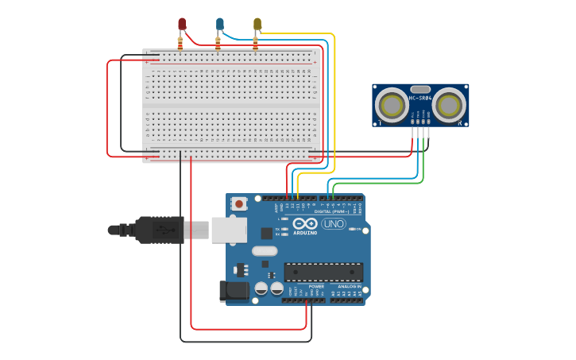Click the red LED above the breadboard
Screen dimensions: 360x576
click(182, 24)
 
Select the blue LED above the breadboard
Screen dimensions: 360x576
click(220, 24)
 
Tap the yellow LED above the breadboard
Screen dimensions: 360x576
click(257, 24)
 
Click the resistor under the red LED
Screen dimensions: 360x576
click(180, 43)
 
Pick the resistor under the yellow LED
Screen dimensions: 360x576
click(255, 43)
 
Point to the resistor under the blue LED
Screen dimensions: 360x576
click(218, 43)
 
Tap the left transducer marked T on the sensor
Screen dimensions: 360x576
click(392, 104)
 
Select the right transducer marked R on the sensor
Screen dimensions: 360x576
click(450, 104)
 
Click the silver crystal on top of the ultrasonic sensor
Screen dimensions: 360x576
click(420, 89)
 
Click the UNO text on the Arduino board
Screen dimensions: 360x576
click(333, 224)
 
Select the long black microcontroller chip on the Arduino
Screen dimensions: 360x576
click(323, 272)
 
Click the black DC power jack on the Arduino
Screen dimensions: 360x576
click(234, 291)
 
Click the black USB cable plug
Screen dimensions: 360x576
click(159, 230)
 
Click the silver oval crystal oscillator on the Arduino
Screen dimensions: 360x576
click(265, 251)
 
